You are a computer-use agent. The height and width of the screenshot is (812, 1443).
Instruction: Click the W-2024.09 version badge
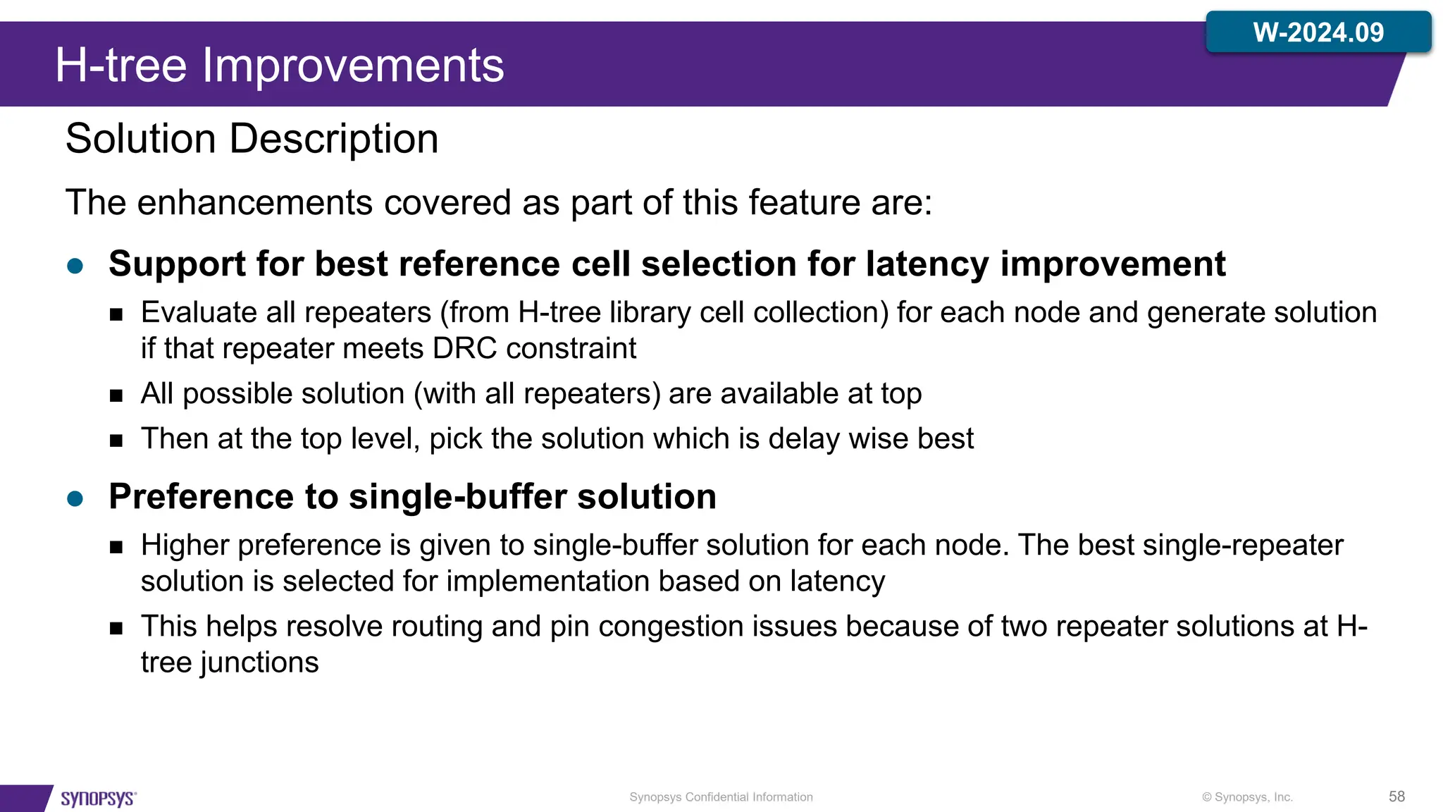[1318, 32]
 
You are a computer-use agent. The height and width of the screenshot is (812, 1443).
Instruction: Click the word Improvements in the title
[353, 66]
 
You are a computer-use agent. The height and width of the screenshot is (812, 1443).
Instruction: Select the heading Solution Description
[252, 138]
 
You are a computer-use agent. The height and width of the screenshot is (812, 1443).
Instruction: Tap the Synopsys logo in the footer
[98, 798]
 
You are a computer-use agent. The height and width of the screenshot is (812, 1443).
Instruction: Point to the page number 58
[1396, 796]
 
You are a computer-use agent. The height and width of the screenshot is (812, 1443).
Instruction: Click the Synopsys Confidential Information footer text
[721, 797]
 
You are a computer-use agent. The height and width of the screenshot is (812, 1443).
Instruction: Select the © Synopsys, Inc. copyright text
[1247, 797]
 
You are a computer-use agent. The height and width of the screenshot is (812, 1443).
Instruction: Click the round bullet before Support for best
[75, 266]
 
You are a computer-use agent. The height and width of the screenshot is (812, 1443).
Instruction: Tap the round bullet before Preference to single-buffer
[75, 499]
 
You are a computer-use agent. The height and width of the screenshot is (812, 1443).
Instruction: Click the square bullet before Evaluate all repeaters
[116, 314]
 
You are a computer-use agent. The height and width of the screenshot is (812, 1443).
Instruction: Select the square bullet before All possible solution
[116, 395]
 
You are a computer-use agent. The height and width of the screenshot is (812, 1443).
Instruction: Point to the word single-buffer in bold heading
[458, 496]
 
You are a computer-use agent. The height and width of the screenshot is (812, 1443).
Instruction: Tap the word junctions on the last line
[259, 663]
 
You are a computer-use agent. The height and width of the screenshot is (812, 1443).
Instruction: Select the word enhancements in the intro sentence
[254, 203]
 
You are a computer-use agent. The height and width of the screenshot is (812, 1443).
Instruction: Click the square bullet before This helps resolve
[116, 628]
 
